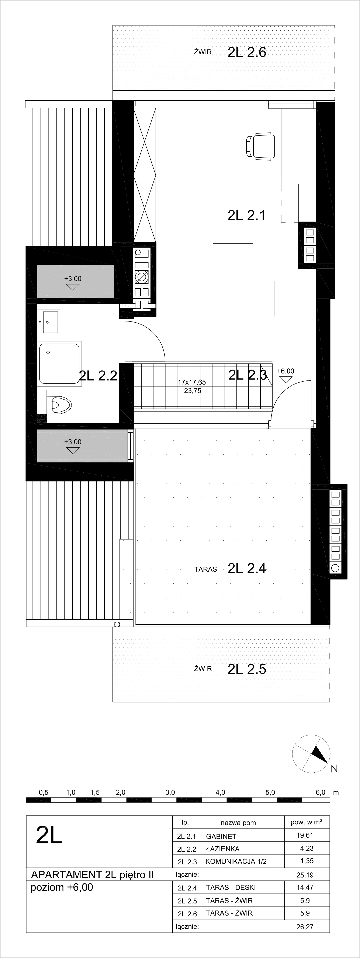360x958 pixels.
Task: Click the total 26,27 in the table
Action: pyautogui.click(x=305, y=924)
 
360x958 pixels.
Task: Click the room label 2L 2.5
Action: pyautogui.click(x=247, y=669)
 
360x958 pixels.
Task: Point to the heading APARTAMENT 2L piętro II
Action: pyautogui.click(x=92, y=875)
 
